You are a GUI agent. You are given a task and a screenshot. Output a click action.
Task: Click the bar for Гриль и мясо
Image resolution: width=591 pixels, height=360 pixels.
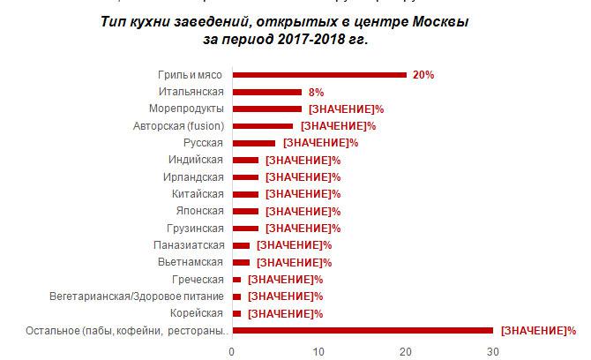[x=318, y=75]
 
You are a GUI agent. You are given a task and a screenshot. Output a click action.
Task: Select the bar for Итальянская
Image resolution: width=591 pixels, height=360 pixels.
[x=266, y=92]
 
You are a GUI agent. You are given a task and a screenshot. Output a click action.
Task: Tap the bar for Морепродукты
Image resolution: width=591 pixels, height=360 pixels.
[x=266, y=109]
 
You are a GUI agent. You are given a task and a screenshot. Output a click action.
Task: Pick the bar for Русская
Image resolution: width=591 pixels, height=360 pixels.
[x=253, y=142]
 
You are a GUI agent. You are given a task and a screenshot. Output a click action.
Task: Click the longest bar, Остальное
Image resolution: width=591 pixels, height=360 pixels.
[x=362, y=330]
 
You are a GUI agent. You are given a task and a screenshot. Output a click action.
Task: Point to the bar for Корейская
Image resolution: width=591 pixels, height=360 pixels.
[x=236, y=313]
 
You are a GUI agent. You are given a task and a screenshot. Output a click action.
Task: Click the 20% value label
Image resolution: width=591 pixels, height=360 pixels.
[x=423, y=75]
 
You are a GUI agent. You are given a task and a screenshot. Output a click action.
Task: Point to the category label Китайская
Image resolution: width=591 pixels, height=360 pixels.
[x=198, y=193]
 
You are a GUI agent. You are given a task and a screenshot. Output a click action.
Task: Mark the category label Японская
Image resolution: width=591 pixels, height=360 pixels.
[x=199, y=211]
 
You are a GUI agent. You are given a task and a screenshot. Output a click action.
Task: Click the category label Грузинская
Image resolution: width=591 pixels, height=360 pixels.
[x=197, y=228]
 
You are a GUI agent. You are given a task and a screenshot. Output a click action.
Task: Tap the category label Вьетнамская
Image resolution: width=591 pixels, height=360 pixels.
[x=193, y=262]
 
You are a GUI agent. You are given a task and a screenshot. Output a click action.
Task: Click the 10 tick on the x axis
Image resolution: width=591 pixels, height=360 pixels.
[x=318, y=350]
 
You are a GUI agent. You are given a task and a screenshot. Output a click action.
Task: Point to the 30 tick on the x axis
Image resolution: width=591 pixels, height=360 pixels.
[x=492, y=350]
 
